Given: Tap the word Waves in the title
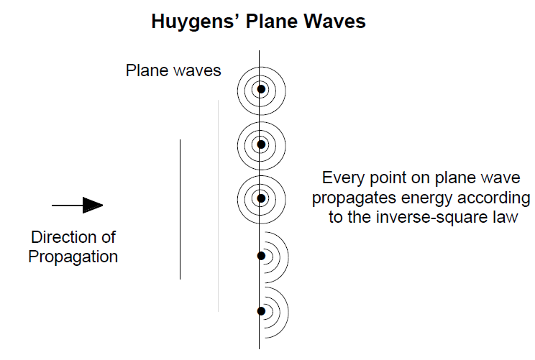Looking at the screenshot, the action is click(334, 21).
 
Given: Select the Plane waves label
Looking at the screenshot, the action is click(173, 70).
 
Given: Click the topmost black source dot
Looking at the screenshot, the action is click(261, 89).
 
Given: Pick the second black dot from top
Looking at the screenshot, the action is click(261, 144).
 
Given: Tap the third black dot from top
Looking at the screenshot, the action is click(261, 198).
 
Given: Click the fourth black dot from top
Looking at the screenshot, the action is click(261, 256).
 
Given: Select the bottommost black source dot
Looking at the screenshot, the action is click(261, 311).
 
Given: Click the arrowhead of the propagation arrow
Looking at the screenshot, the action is click(93, 206).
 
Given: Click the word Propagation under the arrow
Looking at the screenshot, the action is click(73, 257).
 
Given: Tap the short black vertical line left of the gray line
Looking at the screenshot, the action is click(180, 209).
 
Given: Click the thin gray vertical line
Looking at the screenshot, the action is click(219, 206).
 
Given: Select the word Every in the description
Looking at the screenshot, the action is click(343, 179).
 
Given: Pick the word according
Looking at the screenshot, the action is click(494, 198).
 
